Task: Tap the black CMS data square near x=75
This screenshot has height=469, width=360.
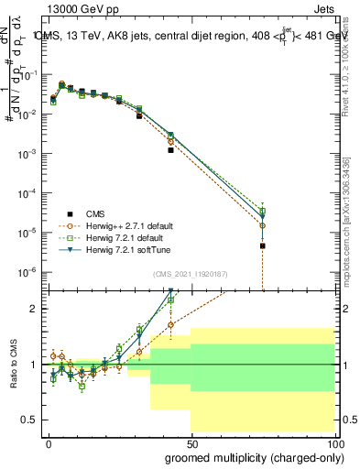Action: coord(262,245)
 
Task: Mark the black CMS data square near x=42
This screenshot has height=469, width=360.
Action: coord(170,150)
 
